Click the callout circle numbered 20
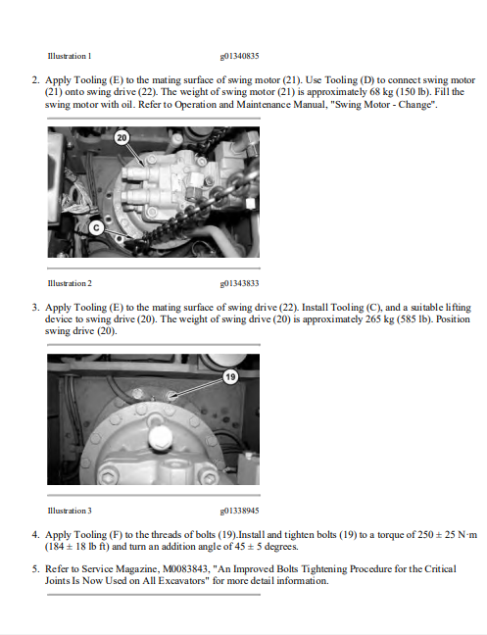point(122,138)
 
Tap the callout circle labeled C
point(96,228)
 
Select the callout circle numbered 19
point(230,377)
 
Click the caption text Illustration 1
point(70,56)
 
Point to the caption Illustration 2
point(70,283)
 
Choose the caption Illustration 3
point(70,511)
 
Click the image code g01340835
point(239,56)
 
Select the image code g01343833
point(239,283)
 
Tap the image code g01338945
point(239,511)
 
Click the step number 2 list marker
point(36,80)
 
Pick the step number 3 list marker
point(36,308)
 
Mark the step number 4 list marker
point(36,535)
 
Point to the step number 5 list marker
point(36,569)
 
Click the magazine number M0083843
point(185,569)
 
